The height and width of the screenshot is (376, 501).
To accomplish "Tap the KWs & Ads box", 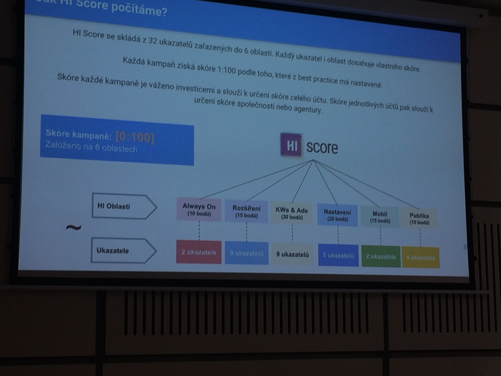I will point(292,213).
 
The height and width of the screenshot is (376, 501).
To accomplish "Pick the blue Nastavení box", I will point(337,215).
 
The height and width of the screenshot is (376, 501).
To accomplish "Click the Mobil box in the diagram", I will point(380,216).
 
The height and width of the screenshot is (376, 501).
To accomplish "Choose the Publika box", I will point(419,218).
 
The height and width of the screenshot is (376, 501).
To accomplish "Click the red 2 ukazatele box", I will point(198,252).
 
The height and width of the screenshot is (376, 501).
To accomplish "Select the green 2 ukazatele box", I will point(381,257).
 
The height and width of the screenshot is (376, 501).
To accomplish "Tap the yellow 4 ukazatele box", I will point(420,258).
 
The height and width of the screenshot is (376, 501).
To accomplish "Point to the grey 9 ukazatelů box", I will point(292,255).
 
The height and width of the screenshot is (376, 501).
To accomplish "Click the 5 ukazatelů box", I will point(338,256).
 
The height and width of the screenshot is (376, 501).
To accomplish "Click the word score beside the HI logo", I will point(321,147).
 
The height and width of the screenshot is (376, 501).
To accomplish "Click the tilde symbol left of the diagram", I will point(73,228).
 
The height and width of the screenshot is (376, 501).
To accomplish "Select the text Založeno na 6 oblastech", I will point(92,149).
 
